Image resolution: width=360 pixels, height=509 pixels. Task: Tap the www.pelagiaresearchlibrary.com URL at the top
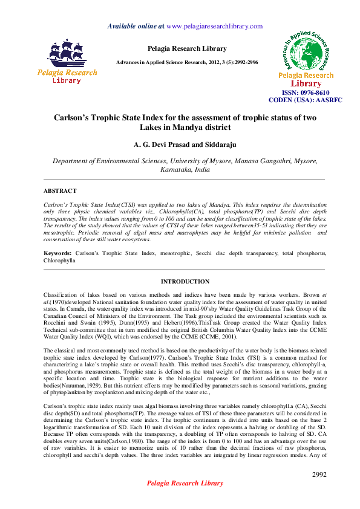[x=214, y=26]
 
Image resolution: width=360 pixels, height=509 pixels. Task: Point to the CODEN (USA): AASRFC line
[x=306, y=100]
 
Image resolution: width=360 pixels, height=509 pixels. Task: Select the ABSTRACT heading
[x=60, y=190]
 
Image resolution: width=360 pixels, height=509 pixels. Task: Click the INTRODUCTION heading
[x=185, y=282]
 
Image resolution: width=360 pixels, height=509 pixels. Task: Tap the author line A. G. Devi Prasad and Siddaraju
[x=185, y=145]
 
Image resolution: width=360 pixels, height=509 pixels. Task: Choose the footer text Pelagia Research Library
[x=185, y=500]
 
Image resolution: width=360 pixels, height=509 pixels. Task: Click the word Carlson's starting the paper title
[x=77, y=118]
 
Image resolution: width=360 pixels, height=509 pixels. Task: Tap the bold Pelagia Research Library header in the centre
[x=187, y=48]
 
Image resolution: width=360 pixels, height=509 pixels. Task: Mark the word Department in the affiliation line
[x=73, y=161]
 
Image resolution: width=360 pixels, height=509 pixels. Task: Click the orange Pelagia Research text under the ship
[x=67, y=73]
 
